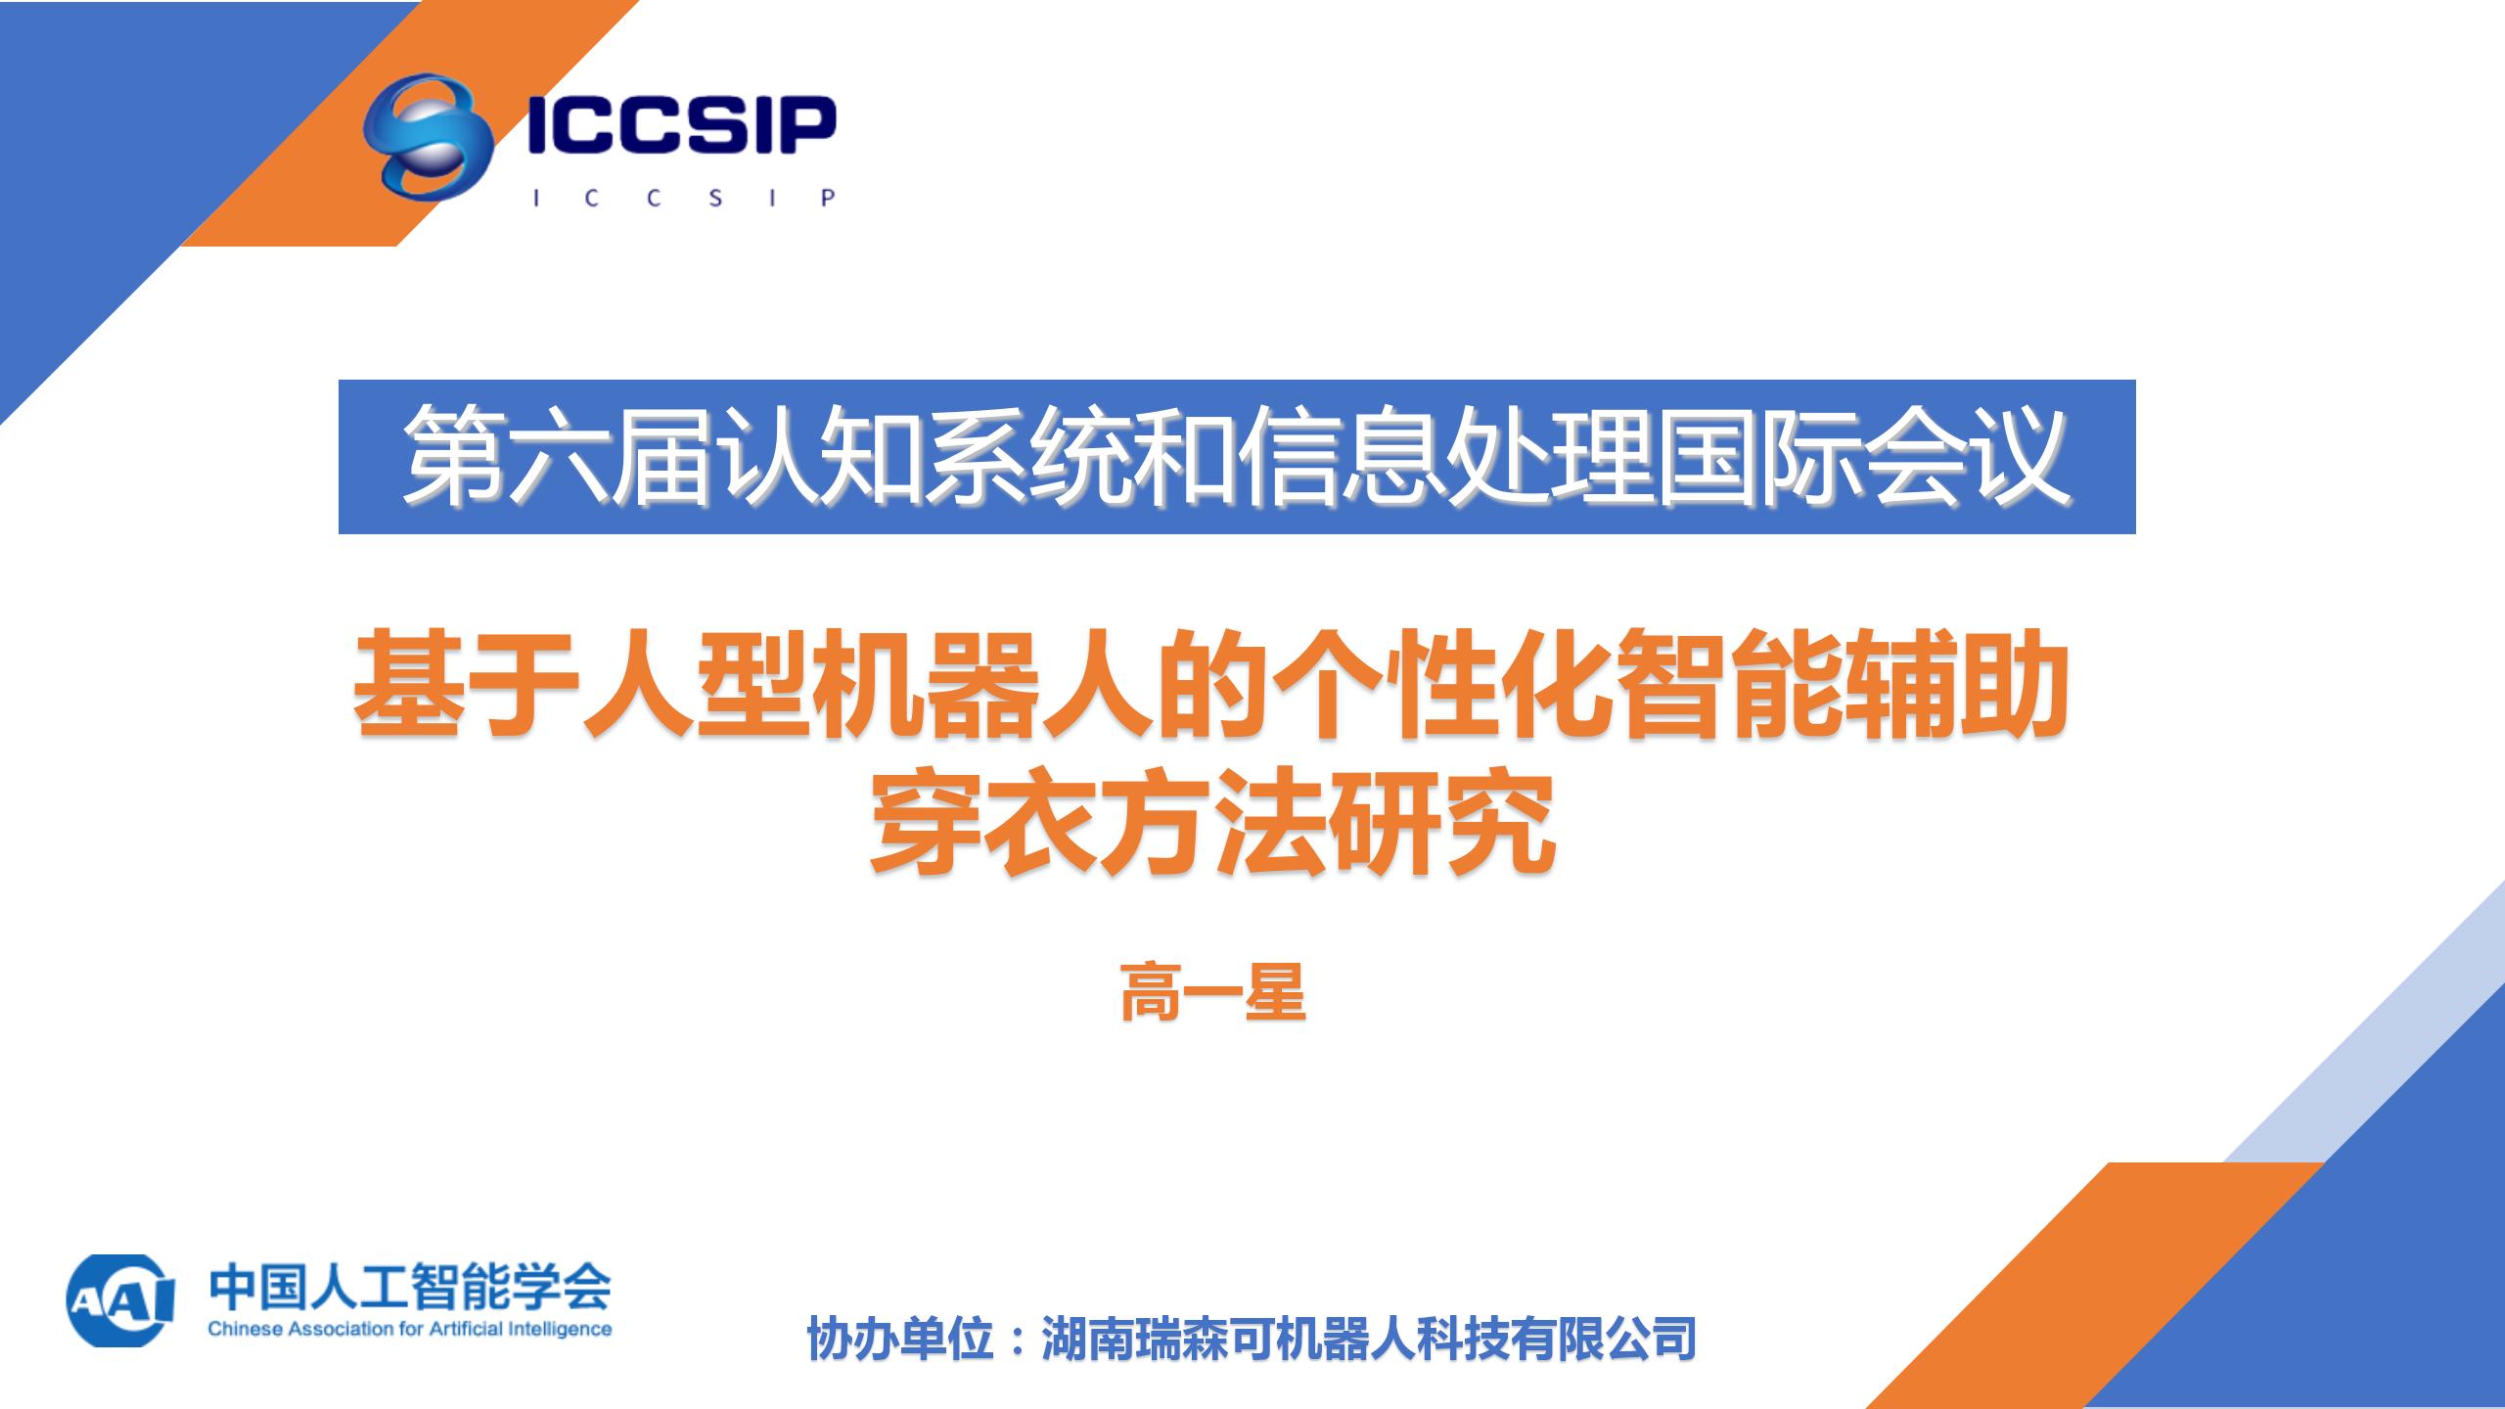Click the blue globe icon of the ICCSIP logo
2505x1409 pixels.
pos(428,136)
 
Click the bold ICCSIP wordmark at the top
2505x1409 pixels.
pos(682,125)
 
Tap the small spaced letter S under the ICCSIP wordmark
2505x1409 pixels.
pos(715,198)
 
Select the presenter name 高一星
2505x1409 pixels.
pos(1213,992)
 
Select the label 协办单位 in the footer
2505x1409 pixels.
pos(901,1339)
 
